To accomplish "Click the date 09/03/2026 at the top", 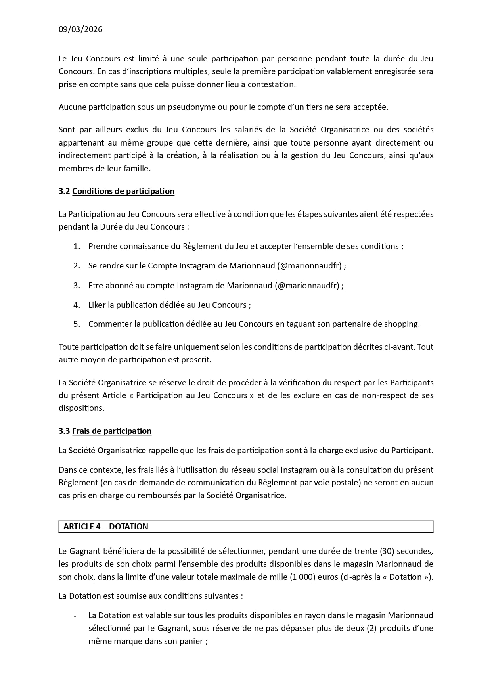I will click(x=80, y=29).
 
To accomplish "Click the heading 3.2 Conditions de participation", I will click(x=117, y=191).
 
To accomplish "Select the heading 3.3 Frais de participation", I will click(x=105, y=431).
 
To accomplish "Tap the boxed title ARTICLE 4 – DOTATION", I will click(x=105, y=527).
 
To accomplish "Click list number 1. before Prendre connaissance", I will click(x=77, y=246).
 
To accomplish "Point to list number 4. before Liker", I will click(x=77, y=305).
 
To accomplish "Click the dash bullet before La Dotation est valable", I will click(x=75, y=616).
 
